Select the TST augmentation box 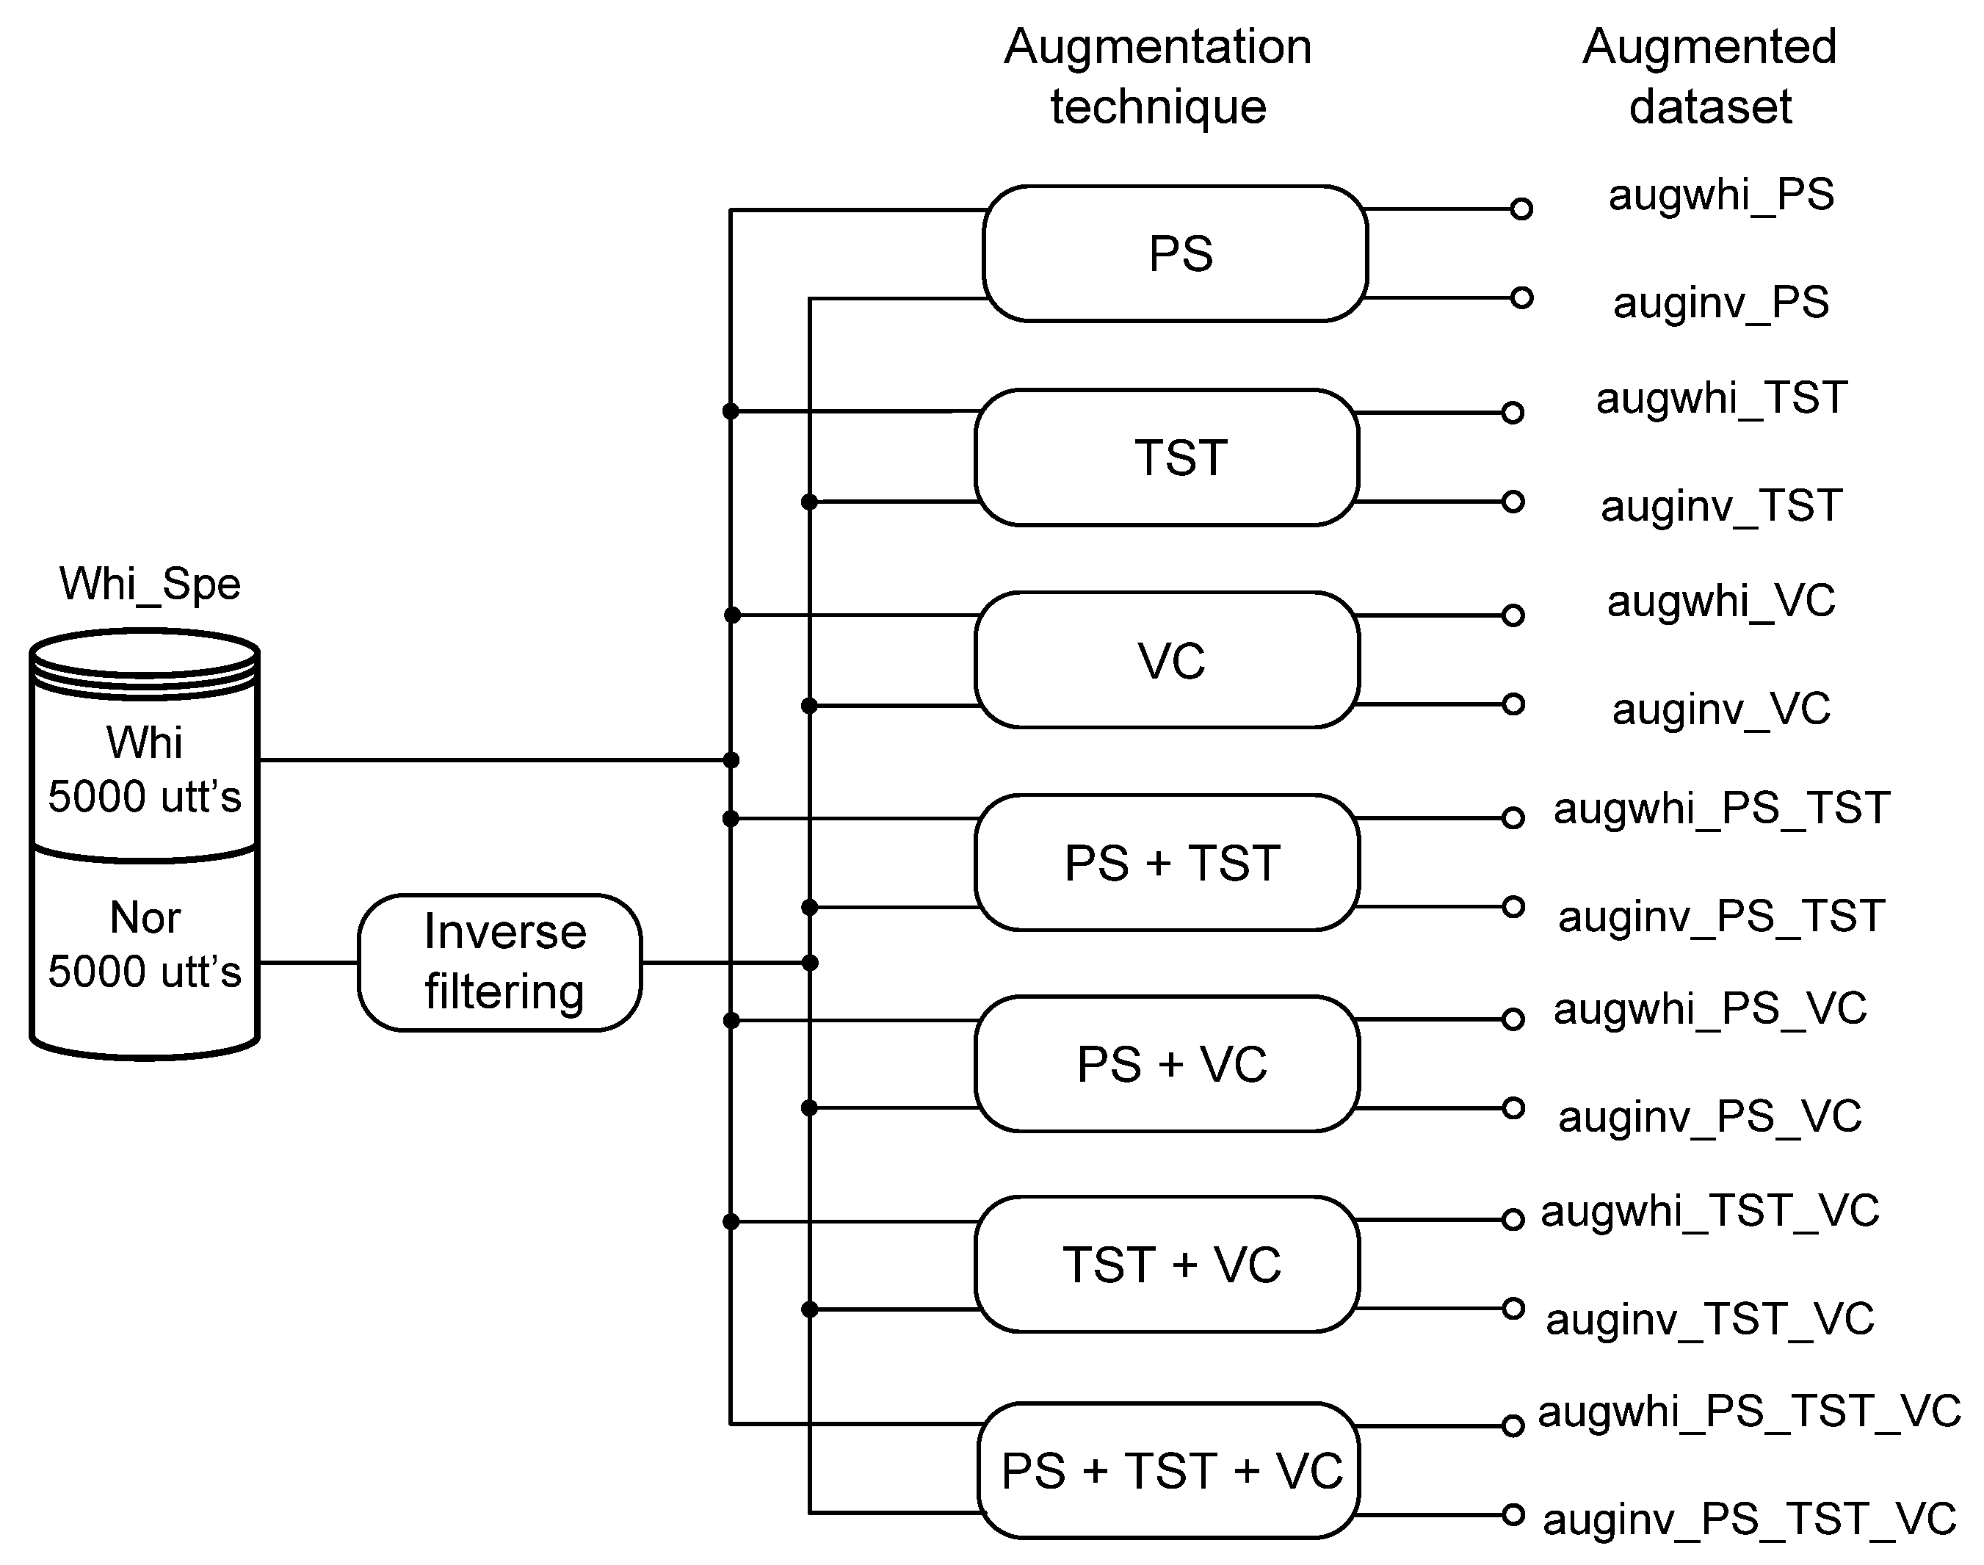pyautogui.click(x=1166, y=458)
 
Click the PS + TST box pyautogui.click(x=1166, y=863)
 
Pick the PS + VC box pyautogui.click(x=1166, y=1064)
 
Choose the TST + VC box pyautogui.click(x=1166, y=1265)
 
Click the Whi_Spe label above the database pyautogui.click(x=149, y=584)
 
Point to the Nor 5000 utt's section pyautogui.click(x=145, y=944)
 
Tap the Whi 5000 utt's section pyautogui.click(x=145, y=770)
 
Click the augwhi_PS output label pyautogui.click(x=1720, y=195)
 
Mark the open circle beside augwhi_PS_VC pyautogui.click(x=1513, y=1019)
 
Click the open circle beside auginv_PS pyautogui.click(x=1521, y=297)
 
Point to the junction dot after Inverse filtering pyautogui.click(x=810, y=963)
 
